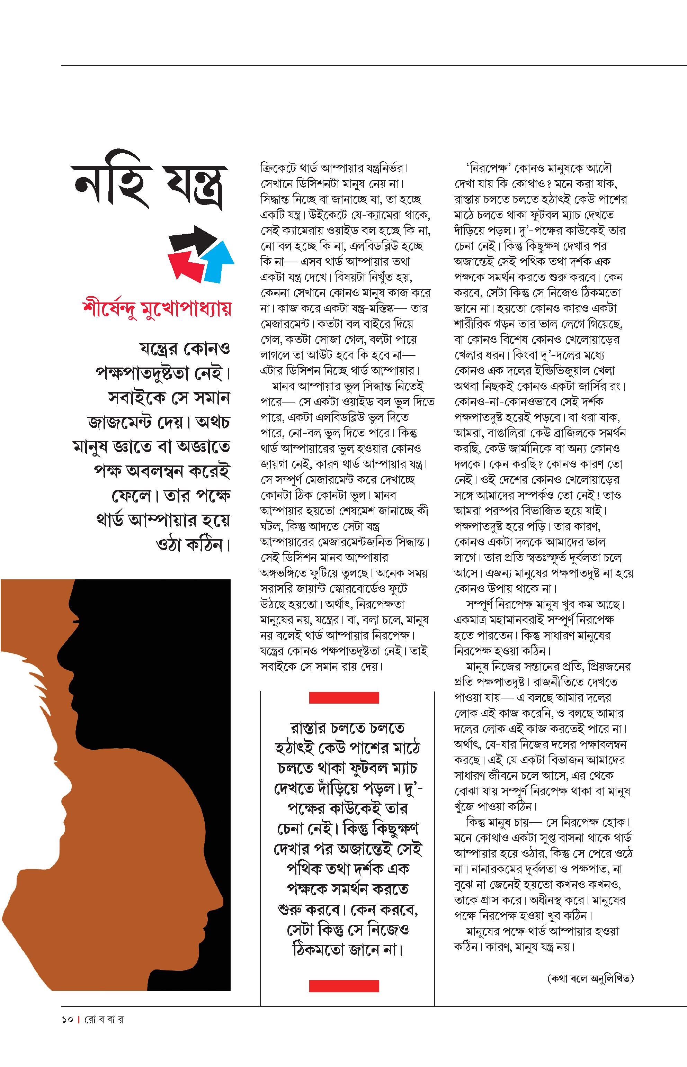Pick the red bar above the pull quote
pyautogui.click(x=343, y=698)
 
